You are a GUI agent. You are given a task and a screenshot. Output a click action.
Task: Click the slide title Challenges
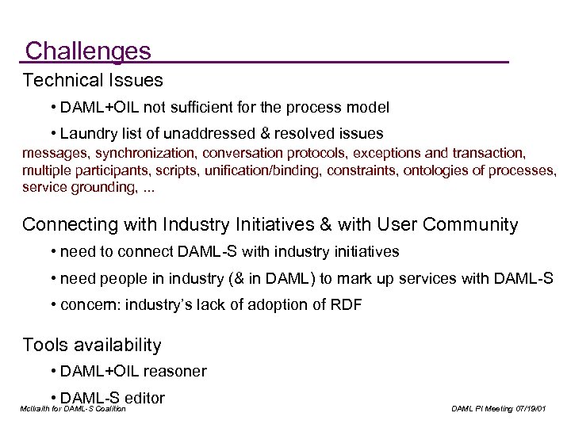point(87,52)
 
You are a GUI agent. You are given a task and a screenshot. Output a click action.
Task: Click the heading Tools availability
point(92,345)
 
